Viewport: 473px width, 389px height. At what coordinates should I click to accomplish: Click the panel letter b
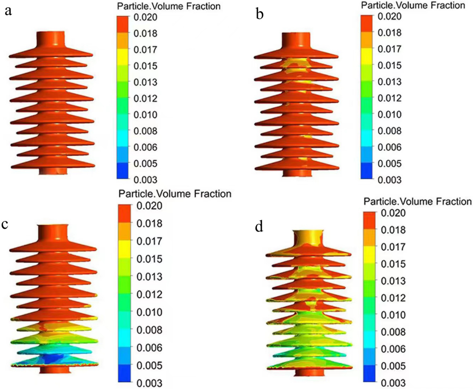coord(259,14)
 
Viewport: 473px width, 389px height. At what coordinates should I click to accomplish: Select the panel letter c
coord(5,224)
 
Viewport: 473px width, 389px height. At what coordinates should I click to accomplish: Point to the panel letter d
coord(259,227)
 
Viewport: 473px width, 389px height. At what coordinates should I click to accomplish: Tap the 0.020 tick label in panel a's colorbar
coord(145,17)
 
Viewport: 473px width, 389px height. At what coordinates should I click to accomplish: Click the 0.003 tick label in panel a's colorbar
coord(145,180)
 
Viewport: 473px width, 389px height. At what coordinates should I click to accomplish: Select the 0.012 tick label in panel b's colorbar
coord(389,98)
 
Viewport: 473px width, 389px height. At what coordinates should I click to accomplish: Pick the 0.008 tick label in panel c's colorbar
coord(149,330)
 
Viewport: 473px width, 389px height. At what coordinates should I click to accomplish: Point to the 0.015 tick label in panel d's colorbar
coord(393,264)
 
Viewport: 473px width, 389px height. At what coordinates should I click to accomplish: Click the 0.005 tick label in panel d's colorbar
coord(393,366)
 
